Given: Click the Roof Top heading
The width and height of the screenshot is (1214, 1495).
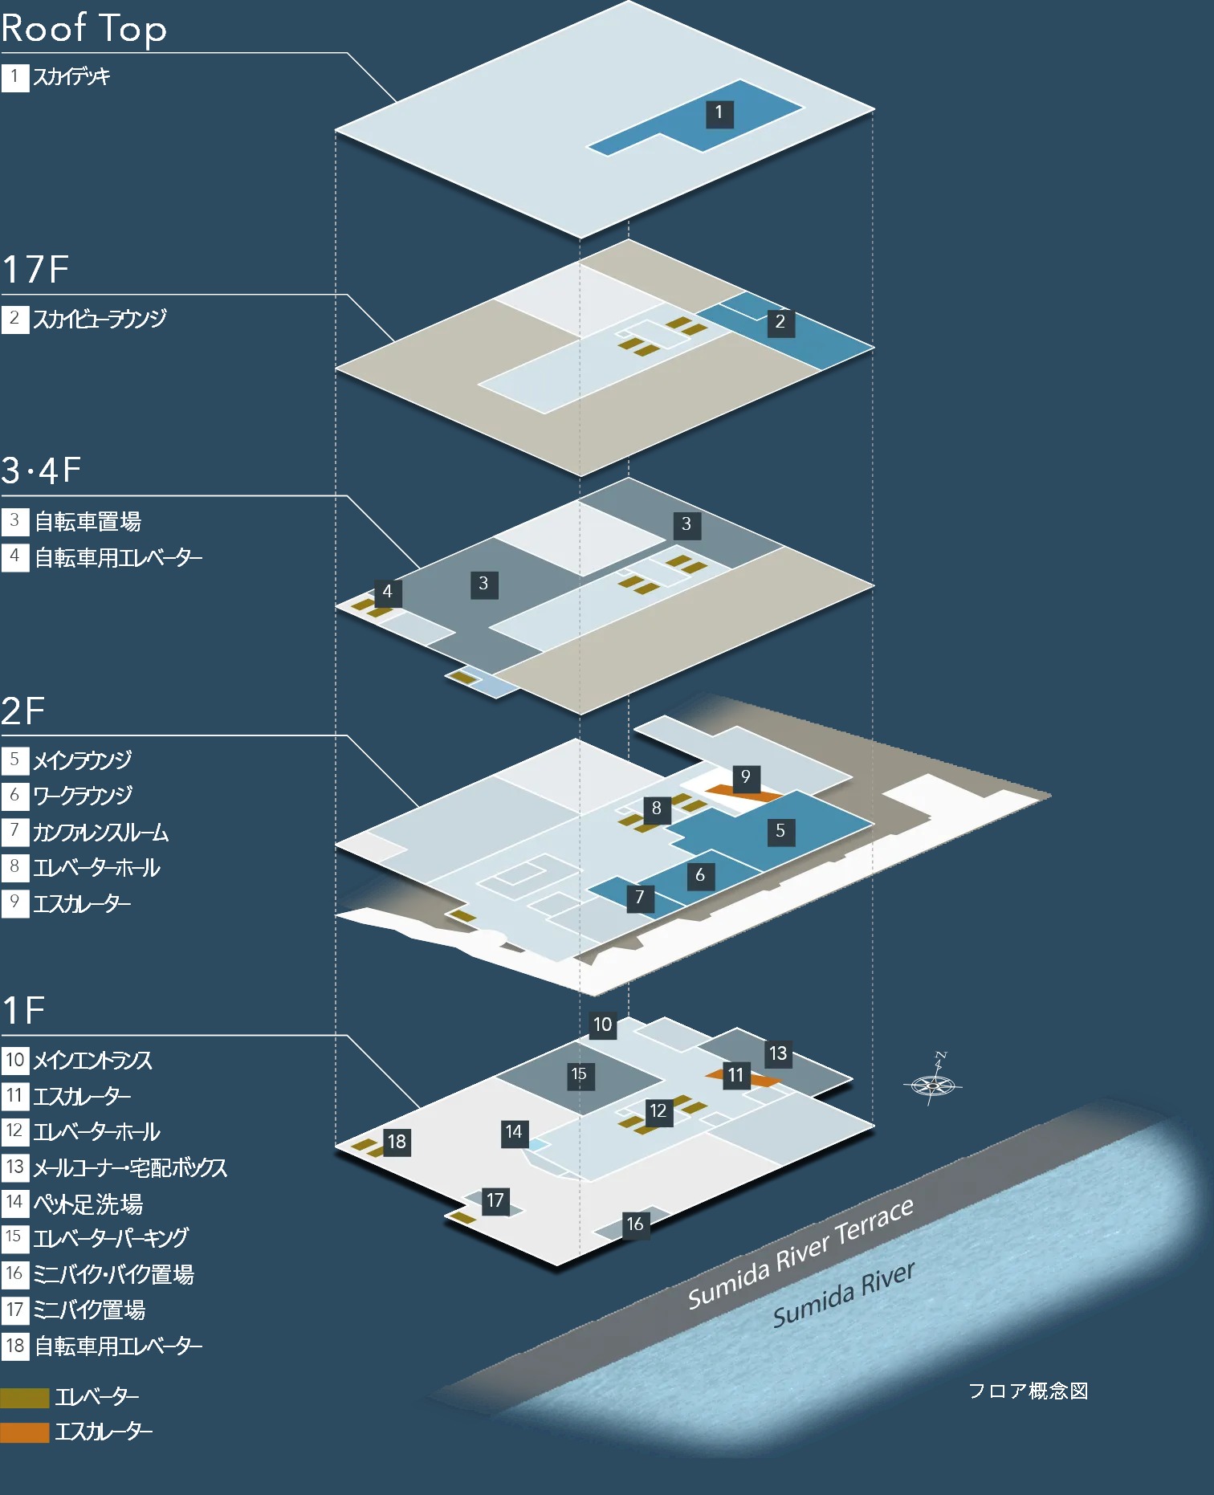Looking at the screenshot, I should click(84, 28).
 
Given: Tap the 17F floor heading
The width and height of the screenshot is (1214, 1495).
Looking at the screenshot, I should click(36, 269).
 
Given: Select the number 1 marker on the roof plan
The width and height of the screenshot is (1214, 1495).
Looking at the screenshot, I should click(719, 112).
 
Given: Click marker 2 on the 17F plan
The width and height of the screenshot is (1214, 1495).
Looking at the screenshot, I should click(780, 322).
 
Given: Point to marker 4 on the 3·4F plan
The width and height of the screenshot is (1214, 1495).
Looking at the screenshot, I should click(387, 592).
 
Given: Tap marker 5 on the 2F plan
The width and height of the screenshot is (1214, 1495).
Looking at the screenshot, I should click(780, 831).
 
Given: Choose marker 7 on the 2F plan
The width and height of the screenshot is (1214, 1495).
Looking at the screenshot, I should click(639, 897).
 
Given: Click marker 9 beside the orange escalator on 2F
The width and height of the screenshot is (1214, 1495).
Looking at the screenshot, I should click(745, 776).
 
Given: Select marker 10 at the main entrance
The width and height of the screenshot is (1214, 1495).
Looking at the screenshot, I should click(602, 1025).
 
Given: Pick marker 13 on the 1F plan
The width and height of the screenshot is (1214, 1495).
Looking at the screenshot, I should click(777, 1053).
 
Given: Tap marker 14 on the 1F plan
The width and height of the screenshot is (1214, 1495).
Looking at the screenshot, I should click(513, 1132).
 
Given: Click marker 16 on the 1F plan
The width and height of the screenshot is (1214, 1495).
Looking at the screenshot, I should click(634, 1224).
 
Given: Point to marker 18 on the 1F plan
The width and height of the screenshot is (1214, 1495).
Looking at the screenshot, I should click(396, 1141).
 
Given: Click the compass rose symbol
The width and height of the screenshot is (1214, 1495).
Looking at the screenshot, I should click(933, 1084).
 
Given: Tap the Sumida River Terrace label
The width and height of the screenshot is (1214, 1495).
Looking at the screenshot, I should click(801, 1252).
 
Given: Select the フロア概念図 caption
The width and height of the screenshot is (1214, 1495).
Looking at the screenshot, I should click(1028, 1391).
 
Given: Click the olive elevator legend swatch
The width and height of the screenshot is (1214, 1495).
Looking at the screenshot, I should click(25, 1397).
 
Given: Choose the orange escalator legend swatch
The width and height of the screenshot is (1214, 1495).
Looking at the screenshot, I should click(25, 1432).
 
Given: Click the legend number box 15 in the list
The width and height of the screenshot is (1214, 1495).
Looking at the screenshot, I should click(14, 1237).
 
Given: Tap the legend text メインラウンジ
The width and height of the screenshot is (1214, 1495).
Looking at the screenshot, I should click(82, 760).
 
